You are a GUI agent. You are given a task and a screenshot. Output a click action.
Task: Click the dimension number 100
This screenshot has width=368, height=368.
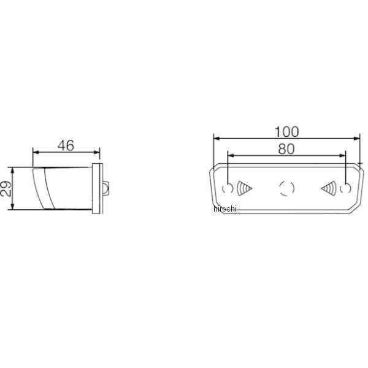click(286, 132)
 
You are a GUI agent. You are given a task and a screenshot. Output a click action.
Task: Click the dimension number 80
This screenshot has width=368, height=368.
click(286, 149)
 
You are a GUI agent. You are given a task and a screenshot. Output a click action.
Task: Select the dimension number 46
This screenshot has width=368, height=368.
click(66, 145)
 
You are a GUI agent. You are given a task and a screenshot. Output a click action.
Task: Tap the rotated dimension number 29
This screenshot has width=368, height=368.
click(6, 188)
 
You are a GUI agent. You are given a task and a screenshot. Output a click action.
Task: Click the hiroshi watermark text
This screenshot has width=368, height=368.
click(225, 209)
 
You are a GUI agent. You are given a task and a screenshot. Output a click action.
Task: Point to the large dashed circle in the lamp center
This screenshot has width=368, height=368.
click(286, 188)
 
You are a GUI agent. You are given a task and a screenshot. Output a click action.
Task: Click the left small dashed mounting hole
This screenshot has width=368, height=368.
click(228, 188)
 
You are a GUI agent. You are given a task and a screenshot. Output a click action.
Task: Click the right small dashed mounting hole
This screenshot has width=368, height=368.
click(345, 188)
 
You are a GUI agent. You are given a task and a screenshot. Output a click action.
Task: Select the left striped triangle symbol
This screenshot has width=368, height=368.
click(244, 188)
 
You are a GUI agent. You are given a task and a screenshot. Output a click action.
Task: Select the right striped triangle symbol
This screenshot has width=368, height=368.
click(329, 188)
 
